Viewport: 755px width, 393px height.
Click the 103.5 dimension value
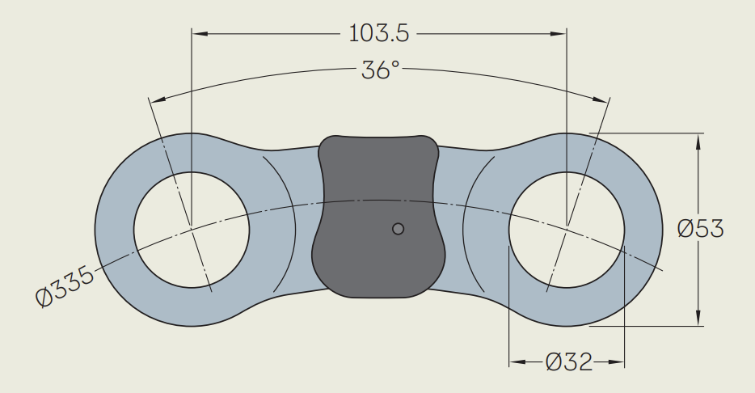pyautogui.click(x=379, y=33)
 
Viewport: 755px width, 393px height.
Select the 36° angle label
pyautogui.click(x=380, y=70)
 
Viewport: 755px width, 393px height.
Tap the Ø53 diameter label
pyautogui.click(x=700, y=229)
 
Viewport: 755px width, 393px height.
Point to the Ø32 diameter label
pyautogui.click(x=568, y=361)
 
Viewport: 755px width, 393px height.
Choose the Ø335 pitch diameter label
pyautogui.click(x=65, y=286)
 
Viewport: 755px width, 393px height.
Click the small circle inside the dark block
pyautogui.click(x=398, y=229)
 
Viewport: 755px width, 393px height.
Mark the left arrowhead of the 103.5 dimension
pyautogui.click(x=198, y=34)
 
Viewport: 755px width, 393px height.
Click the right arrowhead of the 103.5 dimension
pyautogui.click(x=559, y=34)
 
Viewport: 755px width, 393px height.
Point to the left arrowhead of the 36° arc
pyautogui.click(x=158, y=99)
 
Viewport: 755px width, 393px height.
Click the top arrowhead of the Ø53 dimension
pyautogui.click(x=698, y=139)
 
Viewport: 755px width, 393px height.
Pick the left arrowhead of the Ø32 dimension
pyautogui.click(x=515, y=361)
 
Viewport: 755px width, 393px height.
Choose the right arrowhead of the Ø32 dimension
pyautogui.click(x=618, y=361)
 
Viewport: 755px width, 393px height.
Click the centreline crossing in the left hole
pyautogui.click(x=192, y=229)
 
